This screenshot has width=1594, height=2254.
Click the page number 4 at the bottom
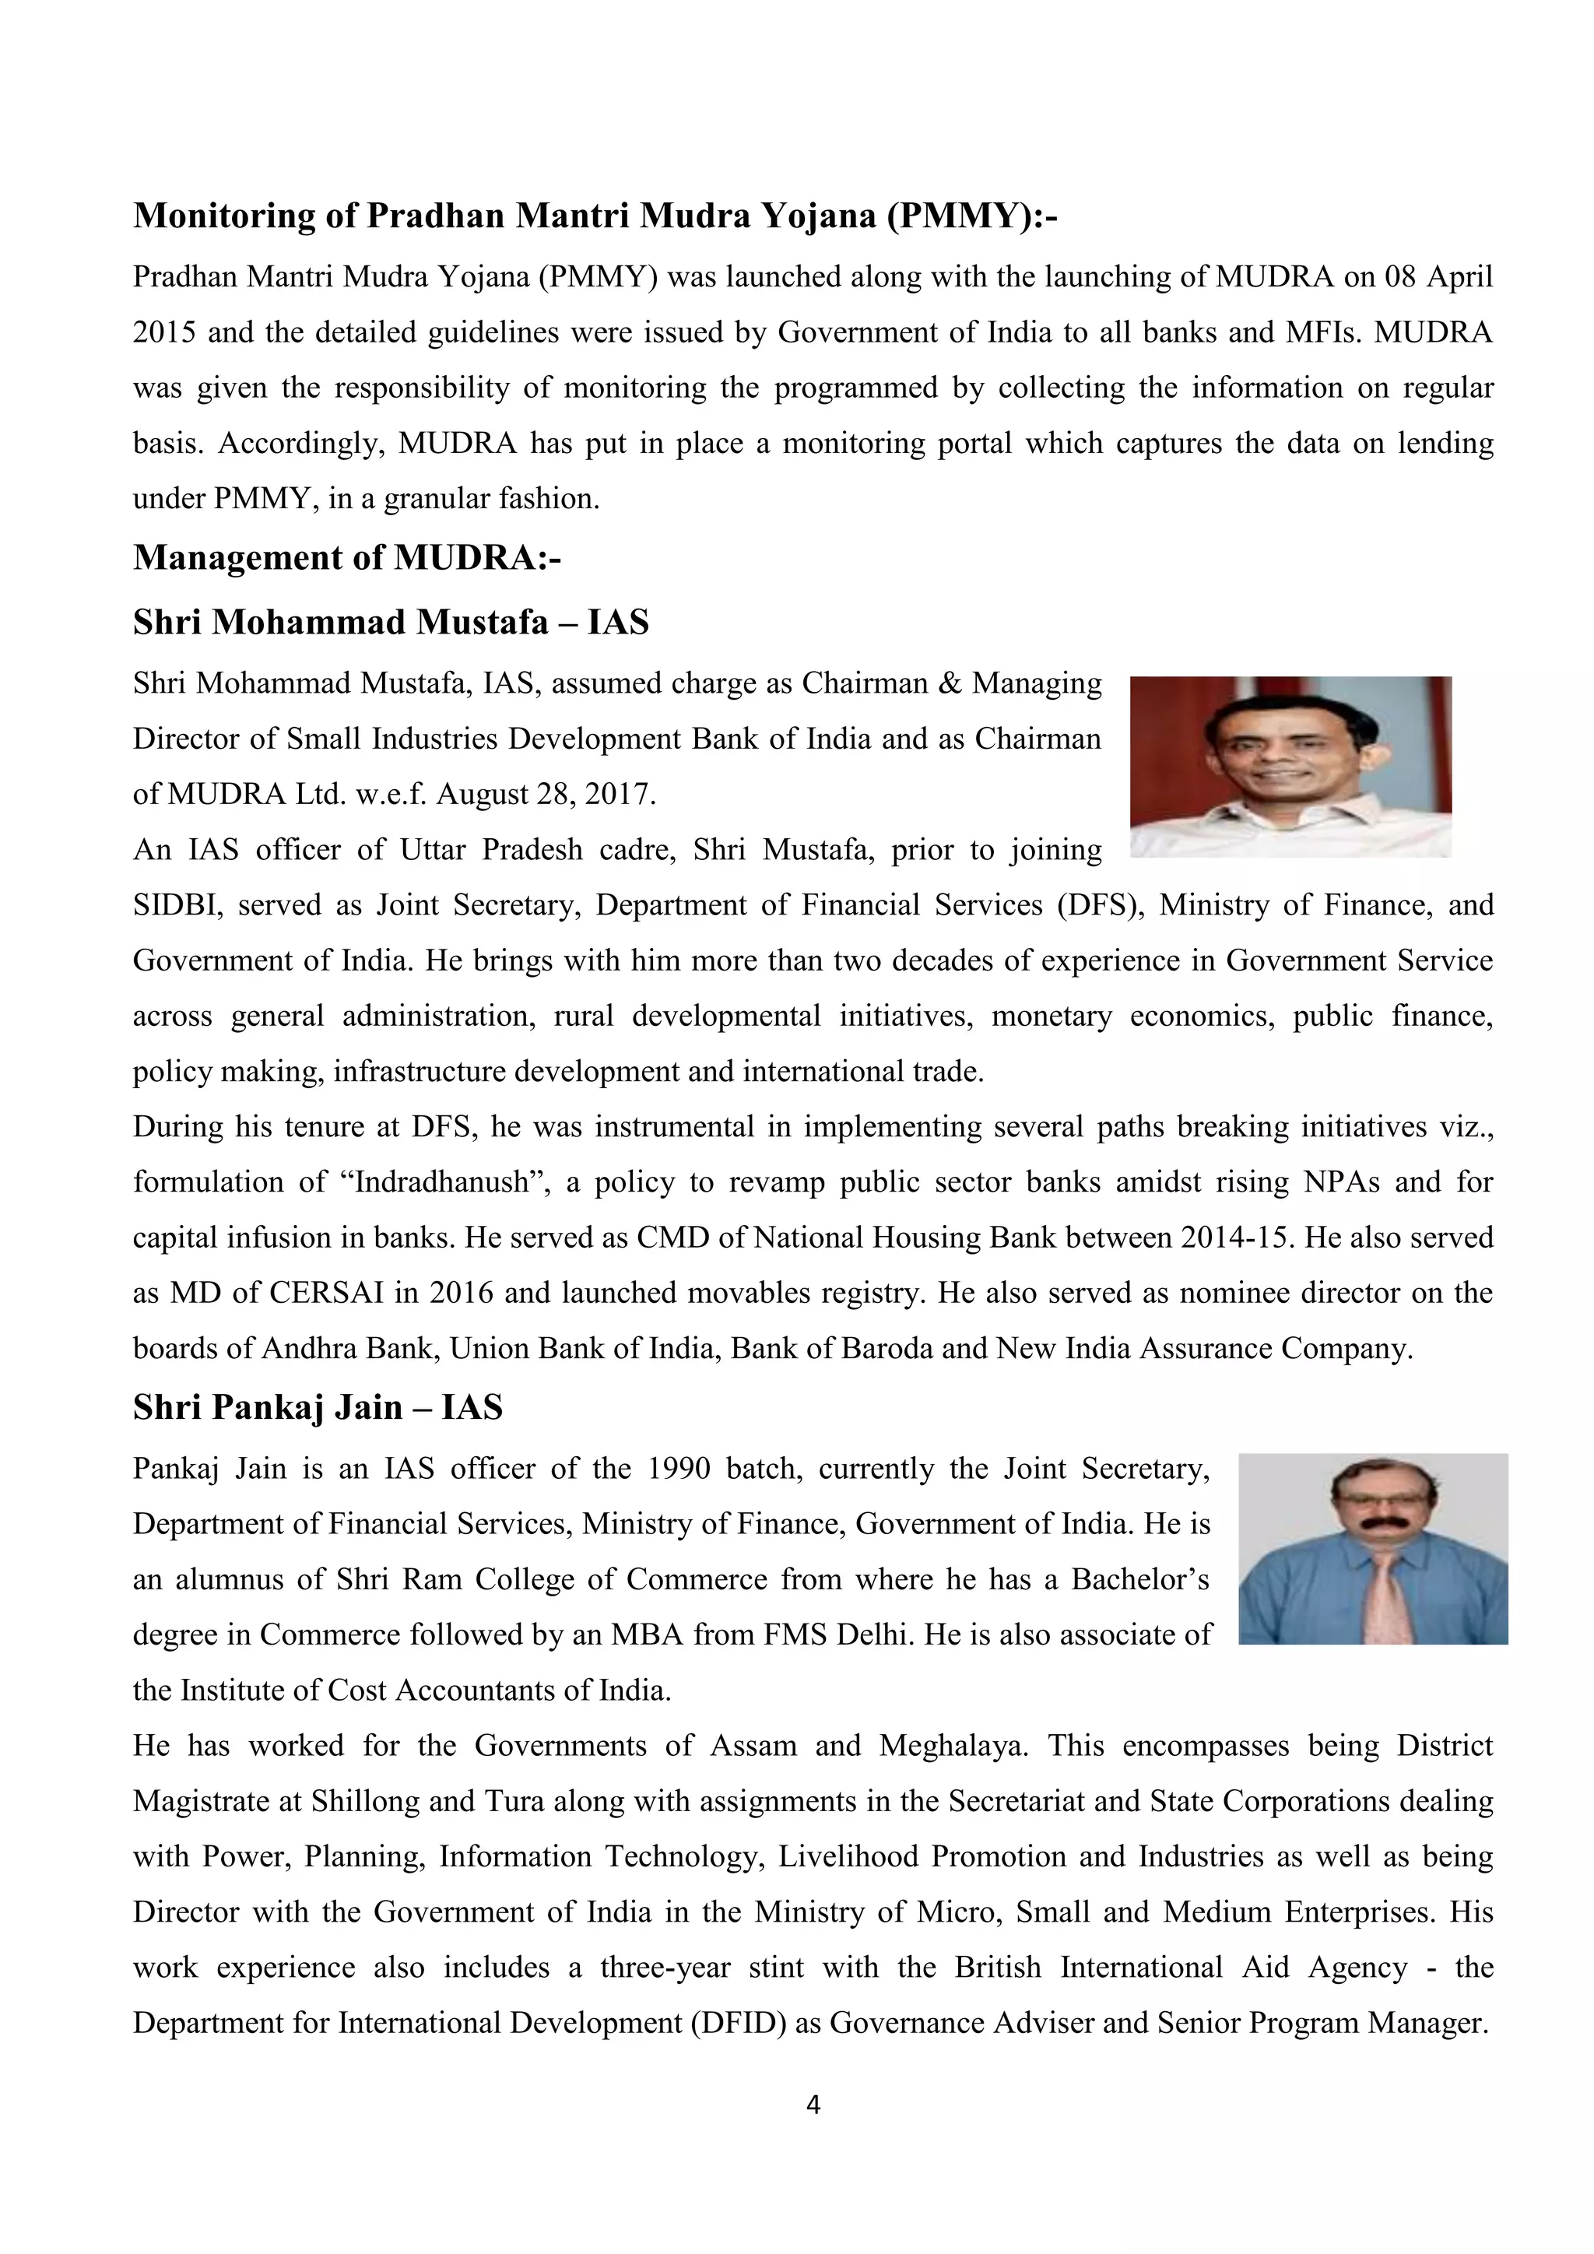pos(813,2105)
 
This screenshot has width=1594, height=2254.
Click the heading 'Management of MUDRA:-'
pos(346,557)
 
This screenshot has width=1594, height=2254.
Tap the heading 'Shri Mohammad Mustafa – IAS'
pos(391,623)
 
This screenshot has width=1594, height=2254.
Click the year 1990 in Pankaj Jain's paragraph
pos(679,1469)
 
